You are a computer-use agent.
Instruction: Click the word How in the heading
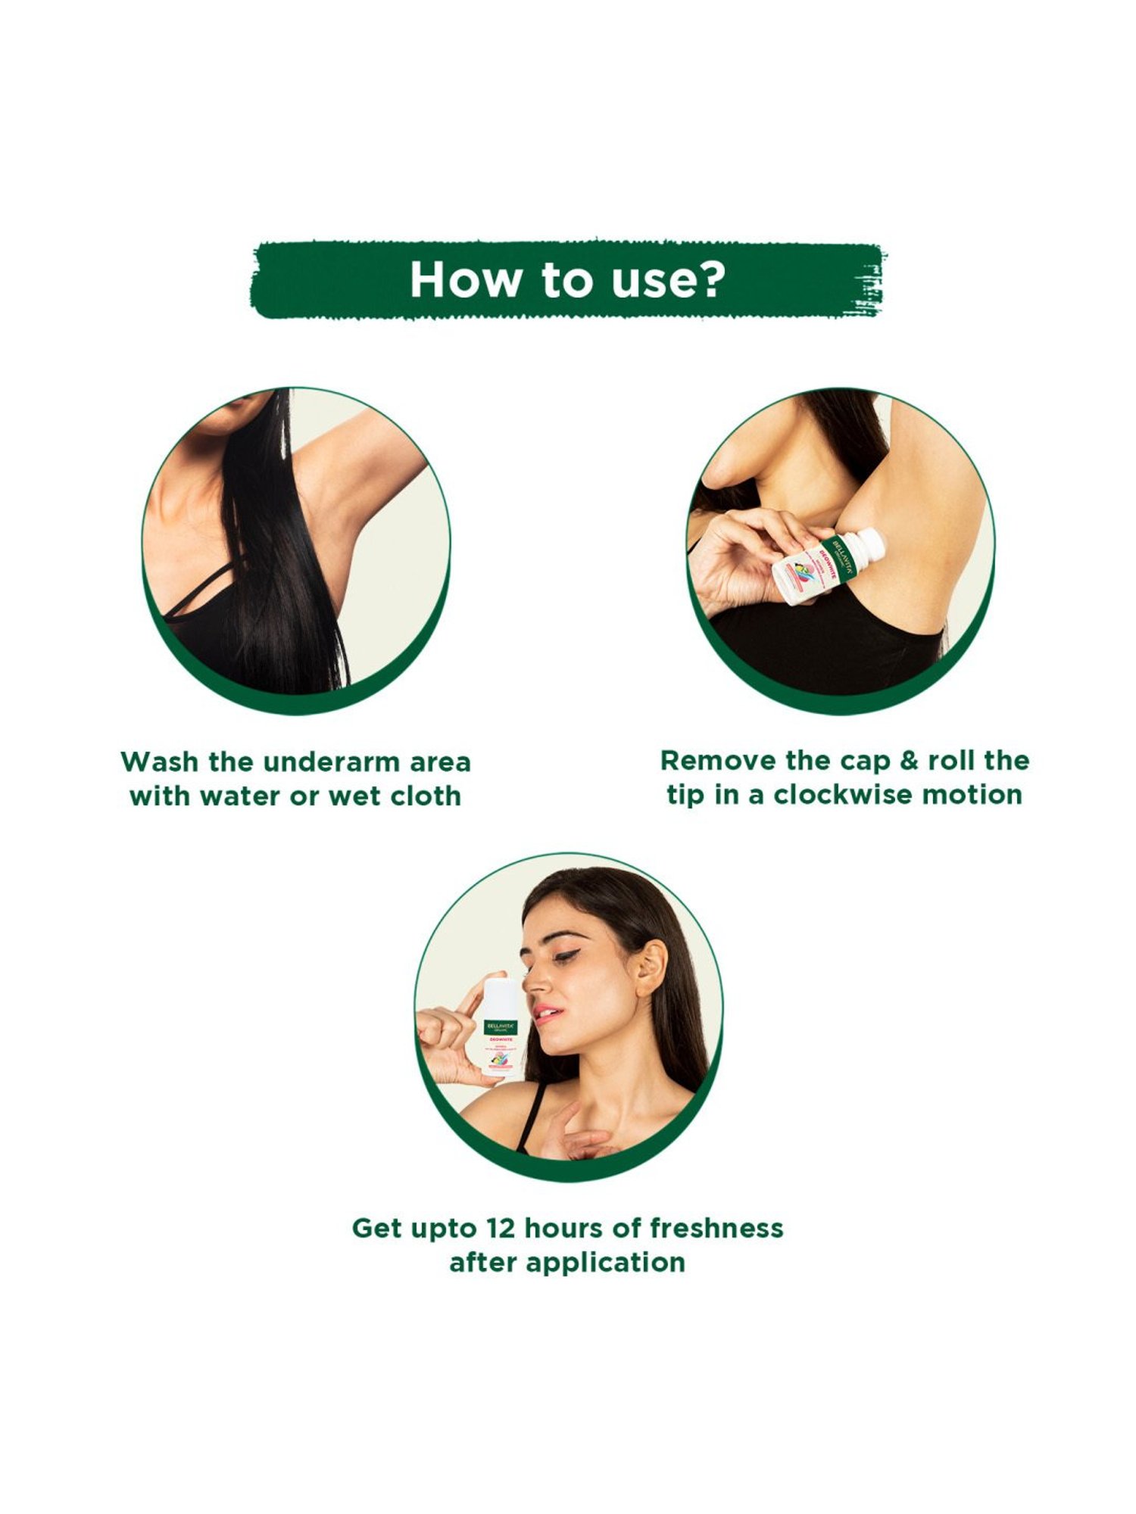pos(465,279)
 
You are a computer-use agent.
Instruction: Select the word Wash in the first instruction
pos(159,762)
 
